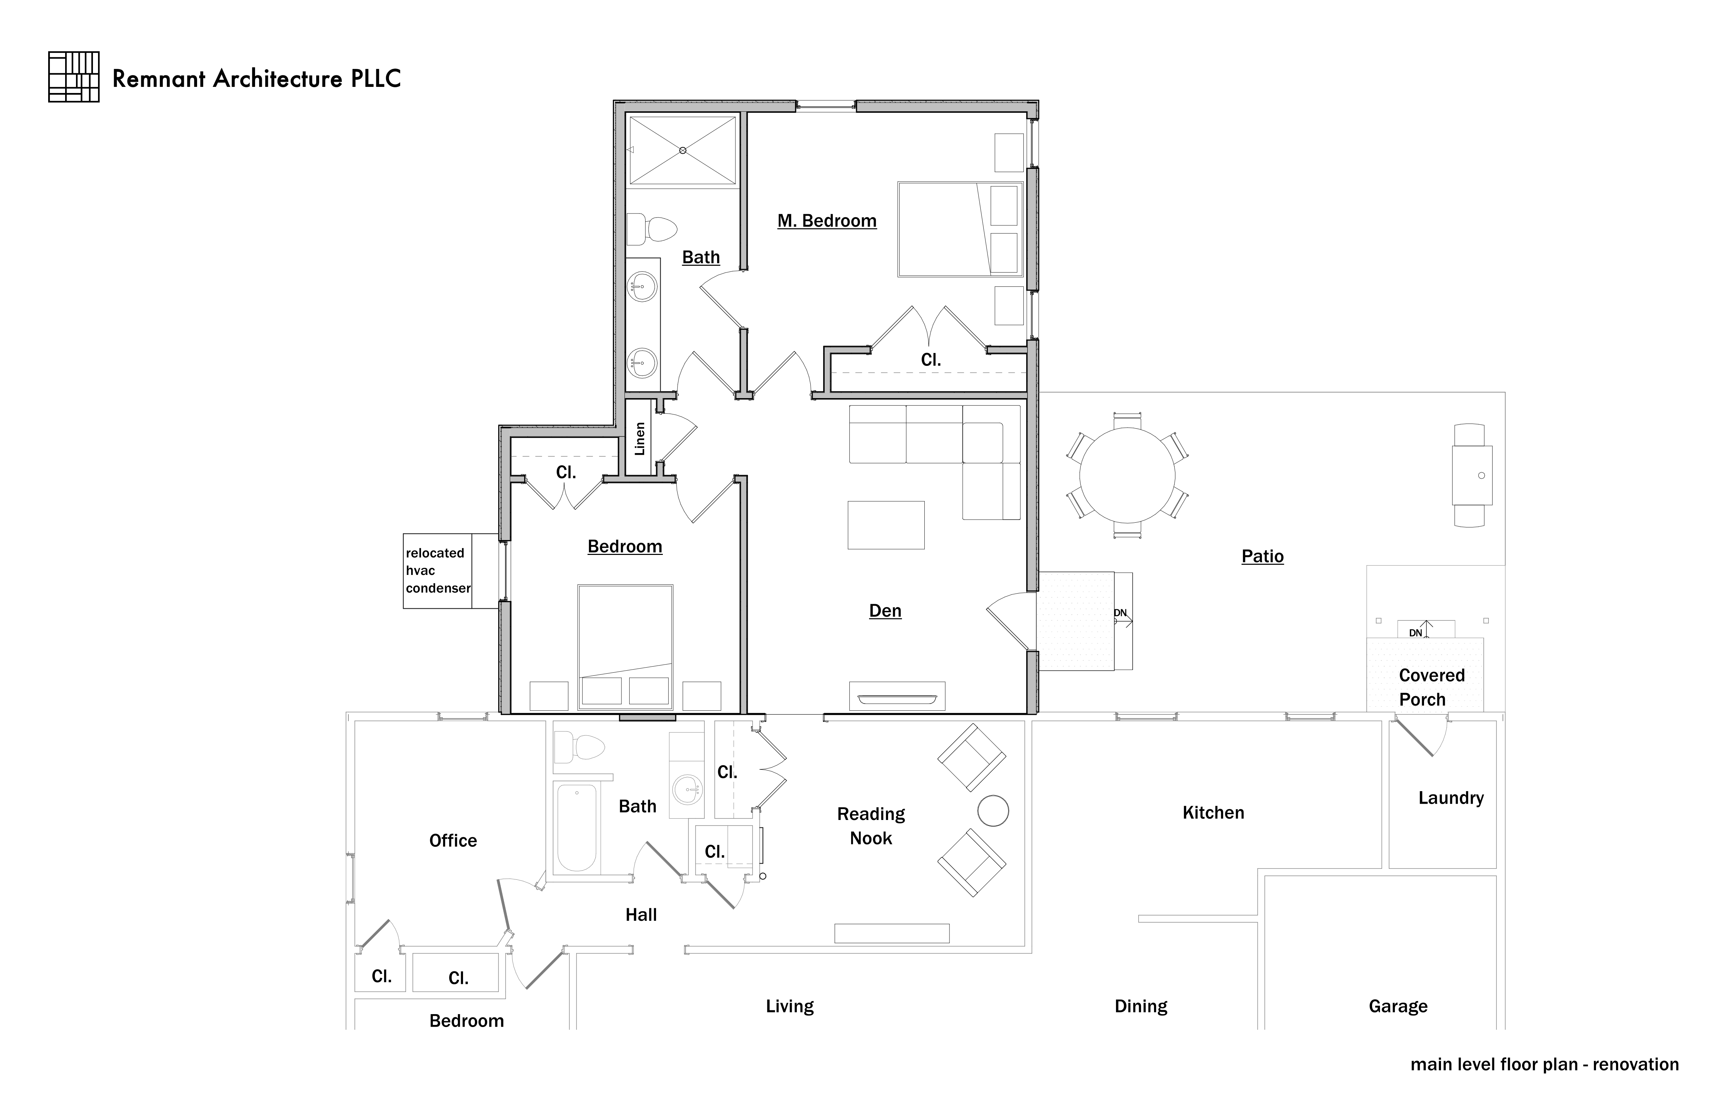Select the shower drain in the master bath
coord(683,151)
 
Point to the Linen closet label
coord(640,438)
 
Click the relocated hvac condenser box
coord(438,571)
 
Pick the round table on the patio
coord(1127,475)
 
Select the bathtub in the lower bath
coord(576,828)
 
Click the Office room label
coord(453,841)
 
